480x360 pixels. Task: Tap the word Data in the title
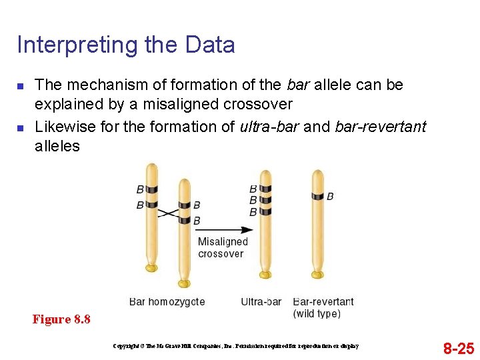[210, 45]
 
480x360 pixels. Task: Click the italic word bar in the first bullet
[297, 85]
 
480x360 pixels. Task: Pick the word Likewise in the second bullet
[61, 127]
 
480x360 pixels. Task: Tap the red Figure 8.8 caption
[61, 319]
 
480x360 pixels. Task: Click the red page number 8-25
[459, 348]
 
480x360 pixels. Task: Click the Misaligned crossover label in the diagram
[222, 247]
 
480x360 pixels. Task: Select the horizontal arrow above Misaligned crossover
[224, 230]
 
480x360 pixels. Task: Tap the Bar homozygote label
[167, 302]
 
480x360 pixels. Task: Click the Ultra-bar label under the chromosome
[261, 302]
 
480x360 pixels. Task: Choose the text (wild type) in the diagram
[317, 313]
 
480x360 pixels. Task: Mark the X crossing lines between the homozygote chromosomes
[168, 213]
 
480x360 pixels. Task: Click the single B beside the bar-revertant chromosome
[330, 197]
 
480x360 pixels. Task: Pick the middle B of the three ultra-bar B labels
[253, 200]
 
